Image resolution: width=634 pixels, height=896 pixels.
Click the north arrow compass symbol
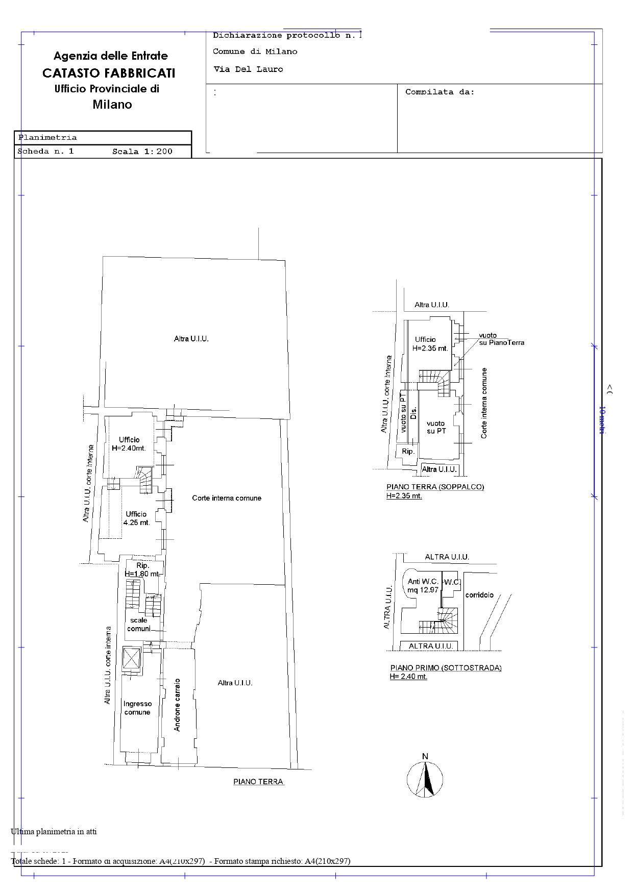click(x=425, y=780)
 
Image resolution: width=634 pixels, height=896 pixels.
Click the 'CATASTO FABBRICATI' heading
click(x=109, y=73)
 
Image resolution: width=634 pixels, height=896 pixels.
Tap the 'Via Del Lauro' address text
click(x=248, y=69)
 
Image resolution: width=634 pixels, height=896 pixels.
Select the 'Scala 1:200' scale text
click(x=142, y=152)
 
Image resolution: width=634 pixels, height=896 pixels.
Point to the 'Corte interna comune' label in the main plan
click(x=227, y=498)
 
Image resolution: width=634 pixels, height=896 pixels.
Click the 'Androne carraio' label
click(x=177, y=704)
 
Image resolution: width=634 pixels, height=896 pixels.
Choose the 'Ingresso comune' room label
click(x=137, y=708)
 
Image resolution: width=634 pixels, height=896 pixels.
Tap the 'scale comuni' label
click(x=139, y=625)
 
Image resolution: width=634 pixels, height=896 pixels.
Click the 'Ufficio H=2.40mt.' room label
click(x=129, y=444)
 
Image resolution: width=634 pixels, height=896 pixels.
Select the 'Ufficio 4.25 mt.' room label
click(x=136, y=518)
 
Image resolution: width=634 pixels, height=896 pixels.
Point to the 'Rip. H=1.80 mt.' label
click(x=142, y=569)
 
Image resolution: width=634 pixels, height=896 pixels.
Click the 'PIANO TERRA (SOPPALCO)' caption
click(x=435, y=487)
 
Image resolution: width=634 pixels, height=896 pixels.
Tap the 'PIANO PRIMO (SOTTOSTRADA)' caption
click(x=446, y=668)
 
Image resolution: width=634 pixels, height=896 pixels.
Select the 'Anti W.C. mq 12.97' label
click(x=423, y=585)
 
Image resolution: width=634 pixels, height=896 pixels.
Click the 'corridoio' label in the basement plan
click(x=479, y=595)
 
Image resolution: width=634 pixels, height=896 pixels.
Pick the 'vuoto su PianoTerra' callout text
click(x=501, y=339)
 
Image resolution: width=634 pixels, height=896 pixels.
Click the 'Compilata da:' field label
click(x=440, y=92)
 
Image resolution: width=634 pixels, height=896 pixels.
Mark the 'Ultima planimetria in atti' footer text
click(x=54, y=831)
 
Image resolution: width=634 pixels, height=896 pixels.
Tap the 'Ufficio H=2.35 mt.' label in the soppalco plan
click(x=430, y=344)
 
